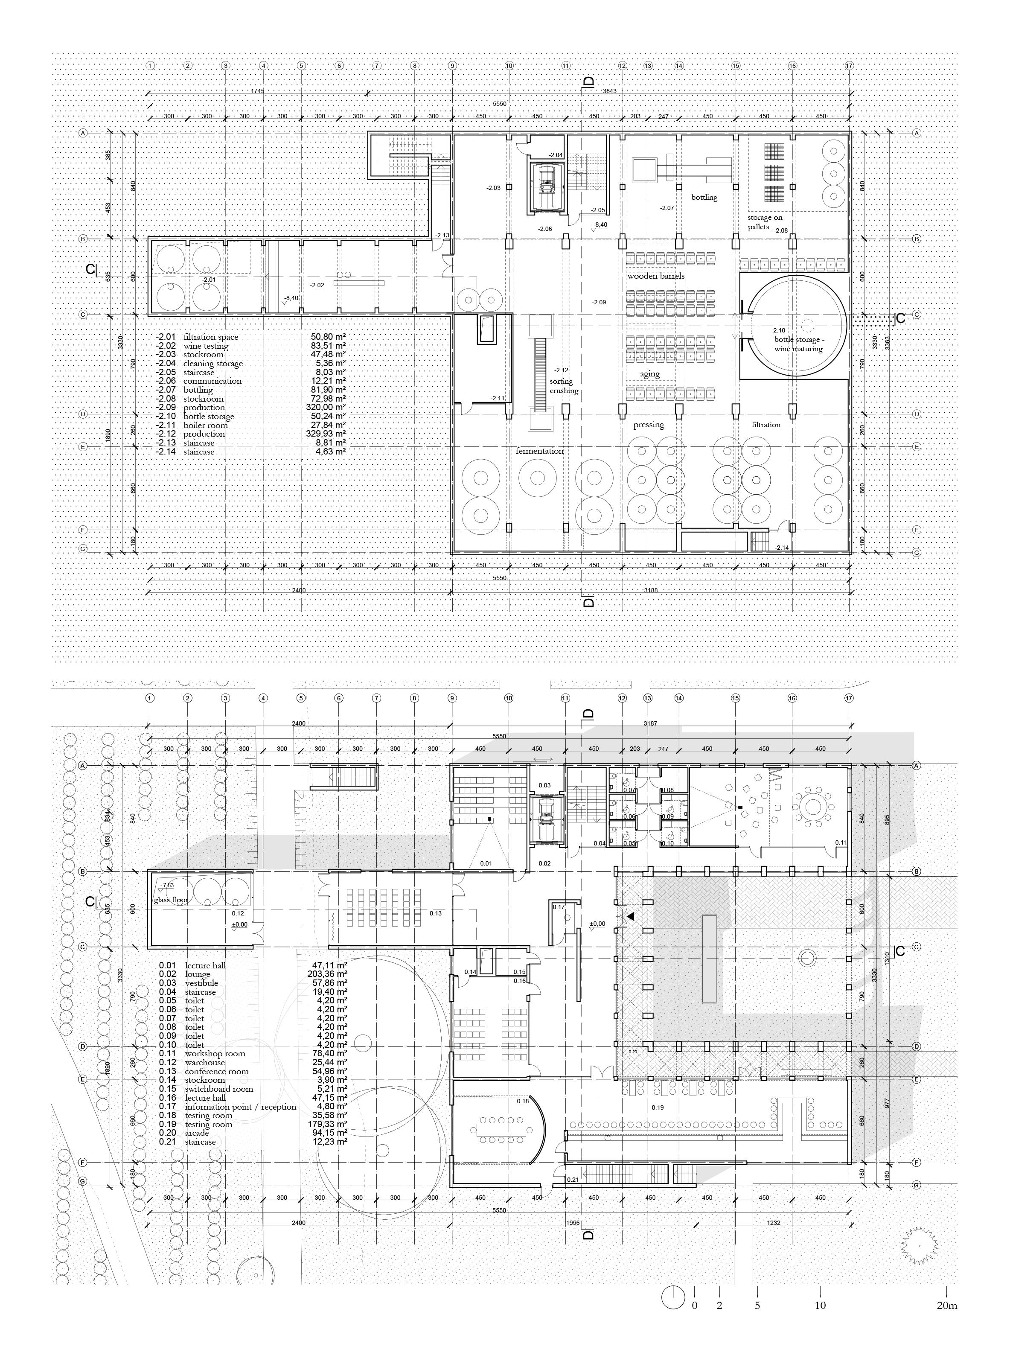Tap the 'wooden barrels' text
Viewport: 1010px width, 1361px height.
[x=655, y=277]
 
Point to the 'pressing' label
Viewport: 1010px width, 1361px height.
[x=649, y=425]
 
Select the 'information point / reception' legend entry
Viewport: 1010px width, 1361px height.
[x=240, y=1107]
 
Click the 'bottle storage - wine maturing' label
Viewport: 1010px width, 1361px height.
[x=798, y=344]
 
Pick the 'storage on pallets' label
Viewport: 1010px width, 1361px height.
[x=764, y=222]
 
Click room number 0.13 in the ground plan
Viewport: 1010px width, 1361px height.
[x=435, y=913]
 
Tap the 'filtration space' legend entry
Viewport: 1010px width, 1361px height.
[x=211, y=337]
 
